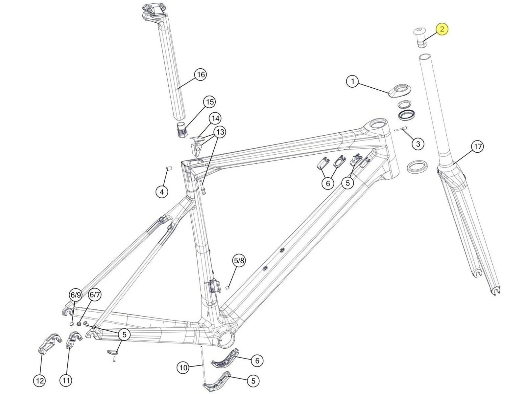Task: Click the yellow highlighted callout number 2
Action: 442,29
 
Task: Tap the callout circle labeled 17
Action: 477,146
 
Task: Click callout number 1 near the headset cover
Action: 353,81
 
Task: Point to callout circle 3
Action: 418,144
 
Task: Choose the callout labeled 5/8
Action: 239,261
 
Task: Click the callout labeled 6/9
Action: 76,295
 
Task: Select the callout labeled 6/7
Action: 95,295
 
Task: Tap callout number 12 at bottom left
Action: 40,381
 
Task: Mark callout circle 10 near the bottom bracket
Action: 183,367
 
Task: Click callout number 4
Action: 161,191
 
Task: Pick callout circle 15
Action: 210,102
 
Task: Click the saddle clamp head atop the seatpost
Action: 153,11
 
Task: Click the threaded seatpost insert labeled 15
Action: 181,130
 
